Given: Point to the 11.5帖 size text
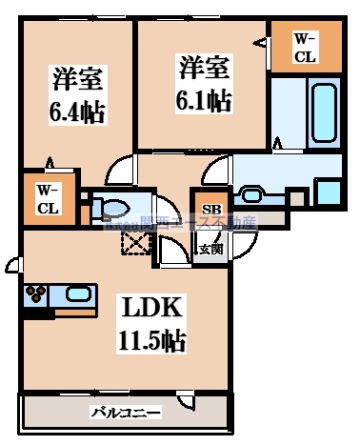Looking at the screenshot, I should tap(151, 340).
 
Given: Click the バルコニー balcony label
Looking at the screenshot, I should tap(126, 413).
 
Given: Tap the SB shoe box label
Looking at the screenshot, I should tap(210, 209).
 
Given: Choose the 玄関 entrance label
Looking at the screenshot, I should tap(210, 250).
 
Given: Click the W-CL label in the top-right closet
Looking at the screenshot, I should tap(305, 47).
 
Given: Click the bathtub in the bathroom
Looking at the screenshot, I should tap(322, 112).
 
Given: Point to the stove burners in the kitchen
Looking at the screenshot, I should tap(36, 294).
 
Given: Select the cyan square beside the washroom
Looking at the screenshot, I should tap(327, 191).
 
